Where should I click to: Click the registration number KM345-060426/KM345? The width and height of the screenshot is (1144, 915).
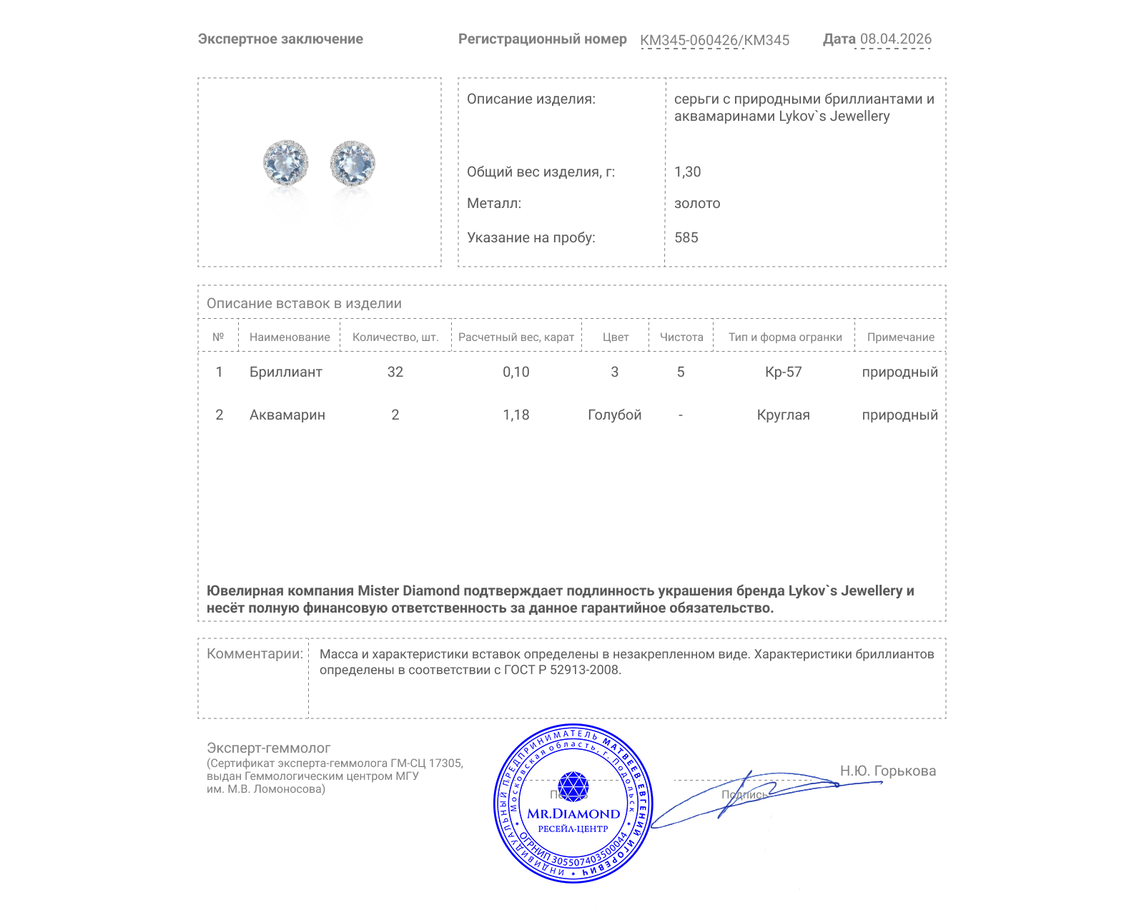click(x=714, y=40)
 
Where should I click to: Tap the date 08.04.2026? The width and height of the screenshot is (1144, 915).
click(x=895, y=39)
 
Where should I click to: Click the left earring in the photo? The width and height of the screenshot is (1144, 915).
click(x=286, y=163)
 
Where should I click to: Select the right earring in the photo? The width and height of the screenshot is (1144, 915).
click(x=352, y=163)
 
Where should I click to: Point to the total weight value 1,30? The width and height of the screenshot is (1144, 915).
click(x=687, y=172)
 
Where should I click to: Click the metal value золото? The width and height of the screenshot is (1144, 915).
click(x=696, y=203)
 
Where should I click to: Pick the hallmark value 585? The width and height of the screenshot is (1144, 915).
click(x=686, y=237)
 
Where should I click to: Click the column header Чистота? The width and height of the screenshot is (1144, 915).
click(x=681, y=337)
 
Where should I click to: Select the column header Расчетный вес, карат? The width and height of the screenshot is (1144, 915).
click(x=516, y=337)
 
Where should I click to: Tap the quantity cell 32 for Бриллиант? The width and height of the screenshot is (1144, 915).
click(x=395, y=372)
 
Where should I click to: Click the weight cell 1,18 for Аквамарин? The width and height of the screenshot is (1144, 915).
click(x=516, y=415)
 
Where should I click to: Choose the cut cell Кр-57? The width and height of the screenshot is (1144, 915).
click(x=783, y=372)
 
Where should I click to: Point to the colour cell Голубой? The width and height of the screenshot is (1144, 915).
click(x=614, y=415)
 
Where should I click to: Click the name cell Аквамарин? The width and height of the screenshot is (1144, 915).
click(x=287, y=415)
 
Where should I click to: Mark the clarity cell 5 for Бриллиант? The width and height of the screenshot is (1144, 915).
click(x=680, y=372)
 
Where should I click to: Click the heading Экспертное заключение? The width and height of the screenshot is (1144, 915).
click(x=280, y=39)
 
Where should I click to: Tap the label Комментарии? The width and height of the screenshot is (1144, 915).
click(x=255, y=653)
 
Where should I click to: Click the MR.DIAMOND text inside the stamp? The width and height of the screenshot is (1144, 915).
click(x=573, y=813)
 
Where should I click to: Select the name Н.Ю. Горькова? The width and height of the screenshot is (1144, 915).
click(x=887, y=771)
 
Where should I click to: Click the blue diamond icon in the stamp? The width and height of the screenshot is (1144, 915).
click(x=573, y=786)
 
